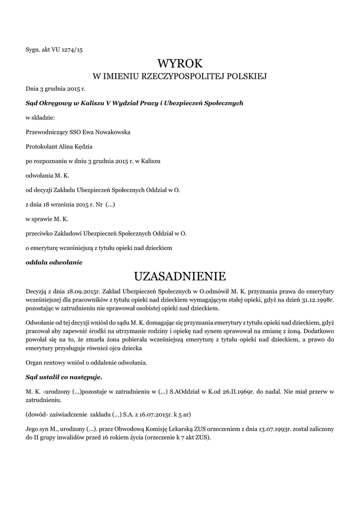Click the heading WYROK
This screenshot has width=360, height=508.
click(x=180, y=63)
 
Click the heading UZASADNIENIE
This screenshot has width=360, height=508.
click(x=180, y=276)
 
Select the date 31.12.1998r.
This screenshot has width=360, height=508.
click(x=317, y=299)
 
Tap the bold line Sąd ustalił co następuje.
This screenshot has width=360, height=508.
click(x=64, y=377)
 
